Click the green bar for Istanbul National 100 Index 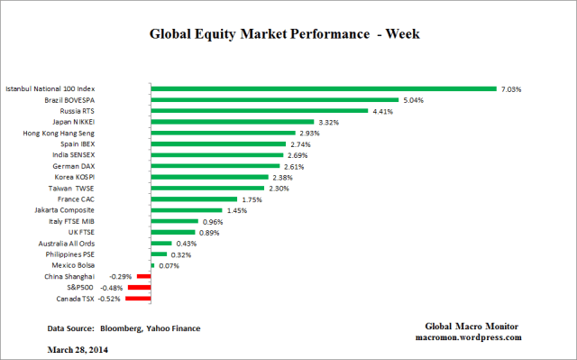[324, 88]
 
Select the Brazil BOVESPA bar [275, 100]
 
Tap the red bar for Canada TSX [139, 299]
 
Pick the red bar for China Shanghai [144, 276]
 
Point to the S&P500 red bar [140, 288]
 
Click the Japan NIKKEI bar [233, 122]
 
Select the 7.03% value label [511, 89]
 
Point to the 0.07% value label [168, 265]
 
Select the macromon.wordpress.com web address [475, 337]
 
